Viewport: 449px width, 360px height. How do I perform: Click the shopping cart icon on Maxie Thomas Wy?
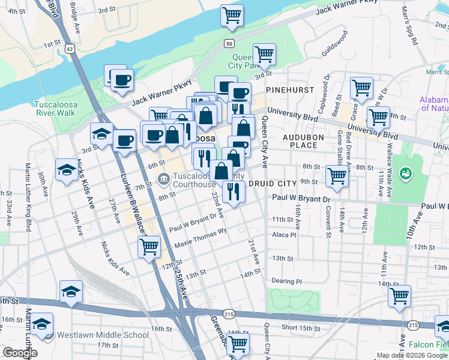coord(148,245)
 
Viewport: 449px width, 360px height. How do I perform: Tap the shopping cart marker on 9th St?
coord(337,176)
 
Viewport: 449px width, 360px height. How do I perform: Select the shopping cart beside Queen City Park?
coord(264,54)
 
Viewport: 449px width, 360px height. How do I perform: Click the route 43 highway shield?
coord(71,49)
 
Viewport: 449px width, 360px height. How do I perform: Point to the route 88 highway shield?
coord(229,43)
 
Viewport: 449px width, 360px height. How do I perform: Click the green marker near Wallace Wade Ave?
coord(406,175)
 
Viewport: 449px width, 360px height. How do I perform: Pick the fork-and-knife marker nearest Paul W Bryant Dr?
coord(232,191)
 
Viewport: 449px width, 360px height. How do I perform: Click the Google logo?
coord(20,353)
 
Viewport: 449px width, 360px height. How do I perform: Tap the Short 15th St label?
coord(301,328)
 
